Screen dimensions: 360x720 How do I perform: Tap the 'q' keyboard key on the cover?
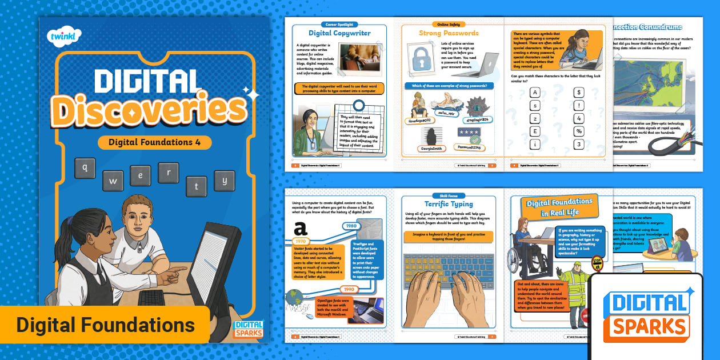85,168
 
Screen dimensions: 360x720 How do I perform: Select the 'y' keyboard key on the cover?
225,181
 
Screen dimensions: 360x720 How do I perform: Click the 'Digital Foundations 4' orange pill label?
154,142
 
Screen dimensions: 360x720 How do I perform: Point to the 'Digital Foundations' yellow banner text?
105,325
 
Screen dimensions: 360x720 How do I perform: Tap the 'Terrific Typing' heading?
449,203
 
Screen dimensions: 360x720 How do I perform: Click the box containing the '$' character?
579,93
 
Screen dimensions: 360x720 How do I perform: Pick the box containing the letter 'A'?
535,93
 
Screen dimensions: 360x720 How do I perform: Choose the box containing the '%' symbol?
579,131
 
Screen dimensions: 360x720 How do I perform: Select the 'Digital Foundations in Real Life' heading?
559,207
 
